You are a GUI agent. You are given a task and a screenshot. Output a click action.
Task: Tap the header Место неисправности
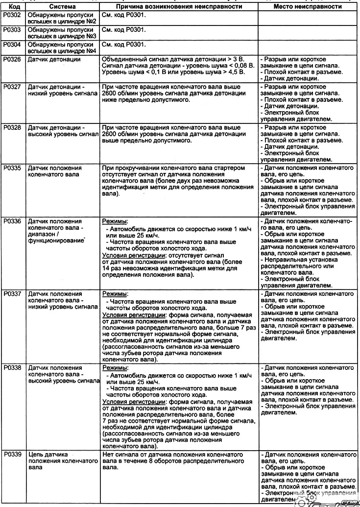point(307,7)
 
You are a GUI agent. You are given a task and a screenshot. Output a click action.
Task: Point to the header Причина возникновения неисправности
point(179,7)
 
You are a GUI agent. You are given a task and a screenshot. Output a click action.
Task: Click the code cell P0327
point(11,87)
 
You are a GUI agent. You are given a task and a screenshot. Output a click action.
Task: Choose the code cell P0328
point(11,127)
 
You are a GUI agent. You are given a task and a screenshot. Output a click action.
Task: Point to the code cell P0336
point(11,221)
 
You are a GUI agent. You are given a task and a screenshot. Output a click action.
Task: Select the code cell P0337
point(11,294)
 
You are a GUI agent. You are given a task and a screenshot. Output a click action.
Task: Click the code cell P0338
point(11,367)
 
